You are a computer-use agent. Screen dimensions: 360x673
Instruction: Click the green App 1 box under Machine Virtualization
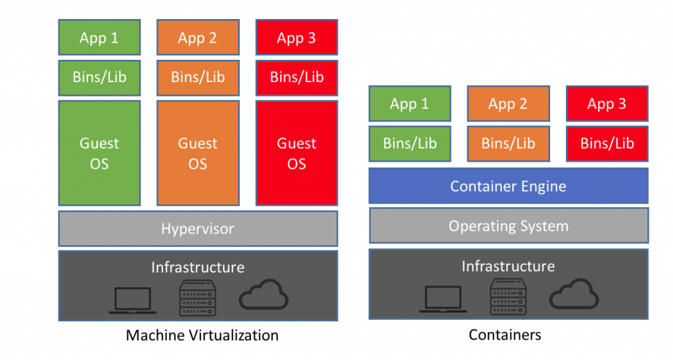pyautogui.click(x=99, y=37)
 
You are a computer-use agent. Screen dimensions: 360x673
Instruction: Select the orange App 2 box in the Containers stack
pyautogui.click(x=508, y=104)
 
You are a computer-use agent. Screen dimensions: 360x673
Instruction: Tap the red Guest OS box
pyautogui.click(x=296, y=152)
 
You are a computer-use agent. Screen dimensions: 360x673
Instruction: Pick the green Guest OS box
pyautogui.click(x=99, y=152)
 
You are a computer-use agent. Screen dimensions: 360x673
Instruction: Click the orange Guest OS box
pyautogui.click(x=198, y=152)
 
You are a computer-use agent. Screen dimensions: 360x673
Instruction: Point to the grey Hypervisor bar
pyautogui.click(x=198, y=229)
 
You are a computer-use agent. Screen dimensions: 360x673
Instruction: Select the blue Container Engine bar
pyautogui.click(x=508, y=186)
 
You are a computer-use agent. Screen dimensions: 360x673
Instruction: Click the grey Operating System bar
pyautogui.click(x=508, y=226)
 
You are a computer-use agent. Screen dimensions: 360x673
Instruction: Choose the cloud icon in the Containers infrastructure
pyautogui.click(x=574, y=296)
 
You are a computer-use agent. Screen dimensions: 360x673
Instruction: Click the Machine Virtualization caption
pyautogui.click(x=202, y=335)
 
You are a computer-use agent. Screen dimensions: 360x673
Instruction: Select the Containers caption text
pyautogui.click(x=505, y=335)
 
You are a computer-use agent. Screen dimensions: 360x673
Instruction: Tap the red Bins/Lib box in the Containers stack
pyautogui.click(x=607, y=143)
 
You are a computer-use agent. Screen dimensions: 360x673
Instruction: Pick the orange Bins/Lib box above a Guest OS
pyautogui.click(x=198, y=78)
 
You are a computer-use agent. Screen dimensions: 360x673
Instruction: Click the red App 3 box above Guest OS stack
pyautogui.click(x=296, y=37)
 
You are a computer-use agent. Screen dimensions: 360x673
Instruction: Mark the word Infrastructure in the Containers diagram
pyautogui.click(x=508, y=266)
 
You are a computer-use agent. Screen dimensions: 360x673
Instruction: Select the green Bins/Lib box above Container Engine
pyautogui.click(x=409, y=143)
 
